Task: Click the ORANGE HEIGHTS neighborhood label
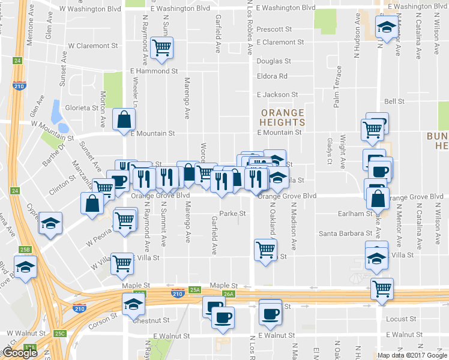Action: point(282,117)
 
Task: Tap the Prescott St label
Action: point(273,29)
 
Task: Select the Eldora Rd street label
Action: point(272,76)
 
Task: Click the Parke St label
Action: point(232,213)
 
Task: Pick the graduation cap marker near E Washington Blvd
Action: point(387,26)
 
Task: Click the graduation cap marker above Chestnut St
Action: point(133,305)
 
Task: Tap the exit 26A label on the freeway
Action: point(228,293)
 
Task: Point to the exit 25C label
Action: point(59,333)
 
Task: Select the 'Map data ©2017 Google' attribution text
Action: point(412,355)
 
